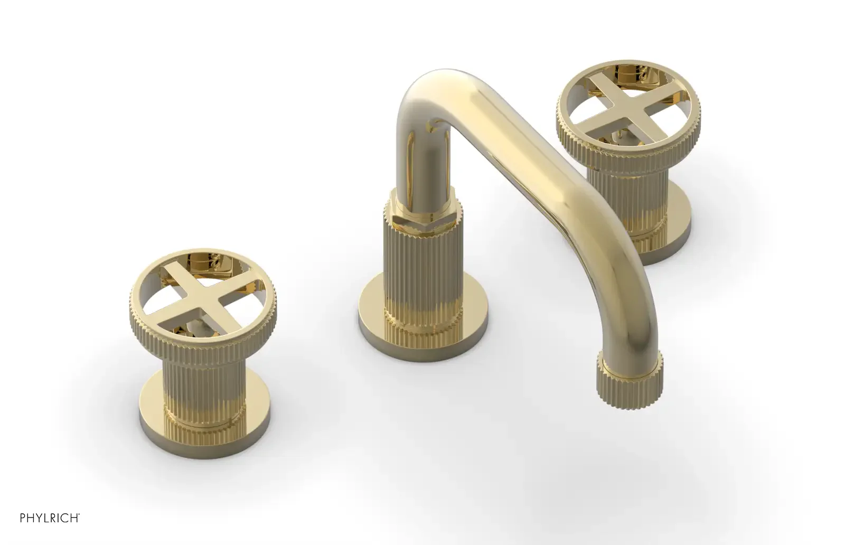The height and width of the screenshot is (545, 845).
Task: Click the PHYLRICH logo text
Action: tap(50, 518)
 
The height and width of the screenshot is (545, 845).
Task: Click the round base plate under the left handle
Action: tap(204, 415)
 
